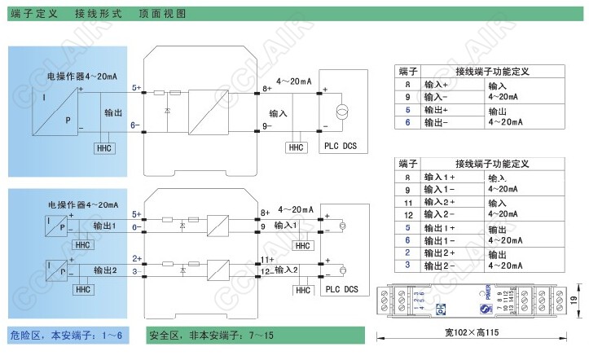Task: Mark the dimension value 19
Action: [x=576, y=300]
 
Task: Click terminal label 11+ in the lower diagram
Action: [x=266, y=259]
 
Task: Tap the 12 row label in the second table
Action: [x=407, y=215]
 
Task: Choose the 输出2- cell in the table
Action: [x=437, y=266]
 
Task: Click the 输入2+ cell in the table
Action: [x=437, y=202]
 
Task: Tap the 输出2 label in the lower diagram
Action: [x=107, y=270]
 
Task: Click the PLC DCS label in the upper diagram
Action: [x=340, y=146]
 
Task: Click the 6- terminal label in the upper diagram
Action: [x=135, y=125]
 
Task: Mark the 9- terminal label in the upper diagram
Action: [x=266, y=125]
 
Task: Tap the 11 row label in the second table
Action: [x=407, y=202]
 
